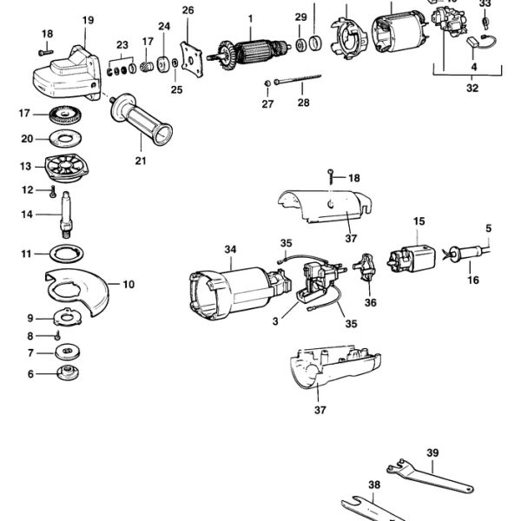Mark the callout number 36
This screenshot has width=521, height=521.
(371, 303)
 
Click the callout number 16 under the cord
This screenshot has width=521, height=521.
(473, 280)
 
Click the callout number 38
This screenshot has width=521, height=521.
(374, 485)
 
